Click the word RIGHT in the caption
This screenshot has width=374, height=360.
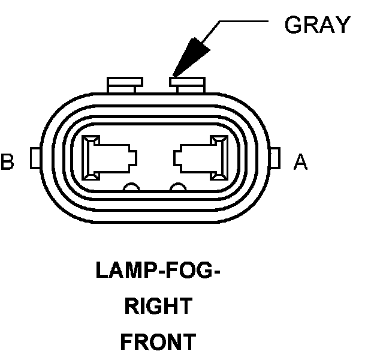158,306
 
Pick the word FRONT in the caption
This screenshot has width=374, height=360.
158,342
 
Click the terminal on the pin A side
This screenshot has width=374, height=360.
201,158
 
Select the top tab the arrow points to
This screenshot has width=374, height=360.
187,83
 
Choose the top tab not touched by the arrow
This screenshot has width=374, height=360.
123,84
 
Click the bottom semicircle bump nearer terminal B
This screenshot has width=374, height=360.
131,188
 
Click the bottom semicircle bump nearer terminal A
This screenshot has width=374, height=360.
178,188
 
